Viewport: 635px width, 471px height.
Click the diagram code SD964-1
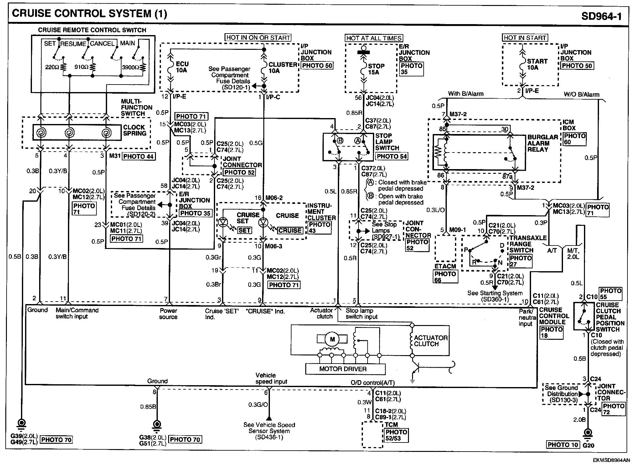click(x=601, y=16)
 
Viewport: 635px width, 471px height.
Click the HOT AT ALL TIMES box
click(x=374, y=38)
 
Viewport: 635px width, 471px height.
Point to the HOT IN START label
click(x=524, y=38)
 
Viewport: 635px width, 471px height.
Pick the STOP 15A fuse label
click(x=376, y=69)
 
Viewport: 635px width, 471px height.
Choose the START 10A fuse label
click(x=537, y=64)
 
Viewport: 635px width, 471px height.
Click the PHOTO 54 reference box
click(x=391, y=156)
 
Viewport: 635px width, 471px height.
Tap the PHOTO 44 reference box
click(x=138, y=156)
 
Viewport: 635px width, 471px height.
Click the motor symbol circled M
click(x=332, y=339)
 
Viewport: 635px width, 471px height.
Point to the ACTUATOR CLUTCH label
click(x=430, y=341)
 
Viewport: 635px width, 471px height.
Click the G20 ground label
click(x=588, y=445)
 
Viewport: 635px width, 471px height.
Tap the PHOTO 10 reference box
click(x=563, y=445)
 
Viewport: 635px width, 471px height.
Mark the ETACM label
click(x=445, y=266)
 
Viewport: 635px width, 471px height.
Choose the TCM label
click(x=391, y=425)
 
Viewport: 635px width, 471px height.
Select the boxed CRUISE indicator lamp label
click(x=290, y=230)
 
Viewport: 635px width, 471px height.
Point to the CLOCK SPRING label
click(x=134, y=130)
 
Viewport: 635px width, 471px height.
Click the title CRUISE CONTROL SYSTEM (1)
click(x=89, y=14)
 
